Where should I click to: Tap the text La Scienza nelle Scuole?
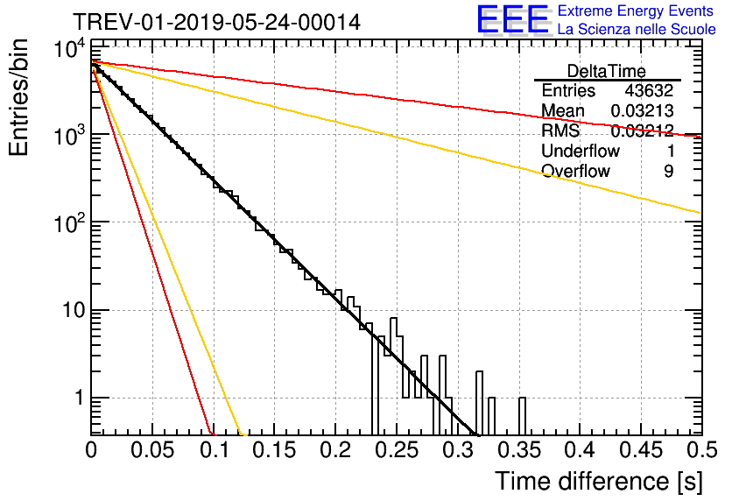[x=637, y=30]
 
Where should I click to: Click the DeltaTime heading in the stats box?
[x=607, y=71]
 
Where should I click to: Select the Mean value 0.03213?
[x=641, y=110]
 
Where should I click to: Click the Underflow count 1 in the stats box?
[x=668, y=151]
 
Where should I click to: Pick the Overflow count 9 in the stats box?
[x=668, y=171]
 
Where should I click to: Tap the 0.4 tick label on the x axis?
[x=577, y=450]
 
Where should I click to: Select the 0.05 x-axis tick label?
[x=151, y=450]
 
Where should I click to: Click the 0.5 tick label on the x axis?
[x=699, y=450]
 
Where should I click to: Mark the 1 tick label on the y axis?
[x=76, y=399]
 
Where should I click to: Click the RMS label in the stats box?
[x=560, y=131]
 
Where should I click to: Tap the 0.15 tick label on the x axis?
[x=273, y=450]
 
